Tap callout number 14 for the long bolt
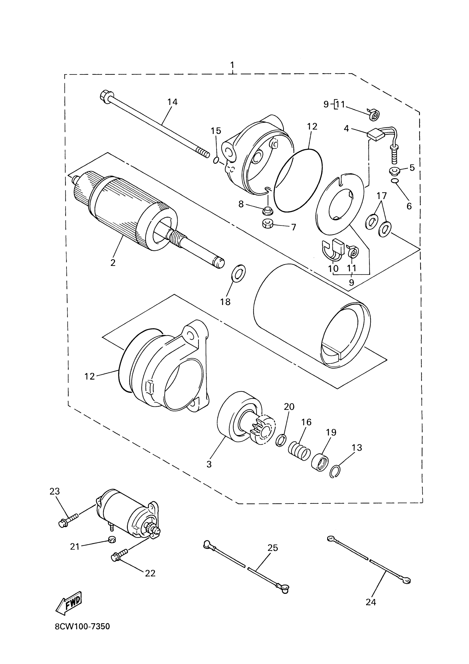[x=172, y=102]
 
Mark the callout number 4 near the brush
[x=347, y=128]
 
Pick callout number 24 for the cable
[x=371, y=602]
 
